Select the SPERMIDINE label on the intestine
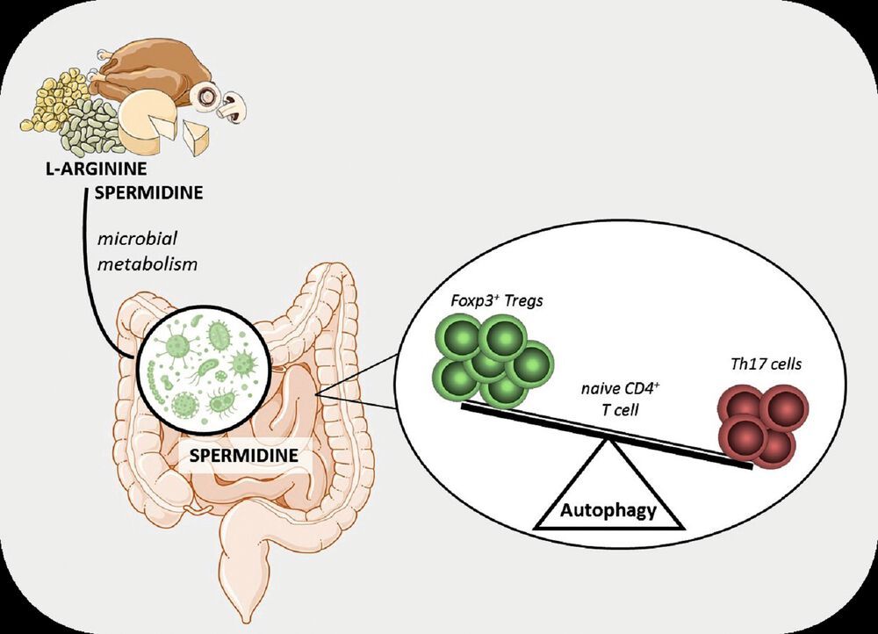click(241, 456)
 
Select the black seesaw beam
click(606, 436)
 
